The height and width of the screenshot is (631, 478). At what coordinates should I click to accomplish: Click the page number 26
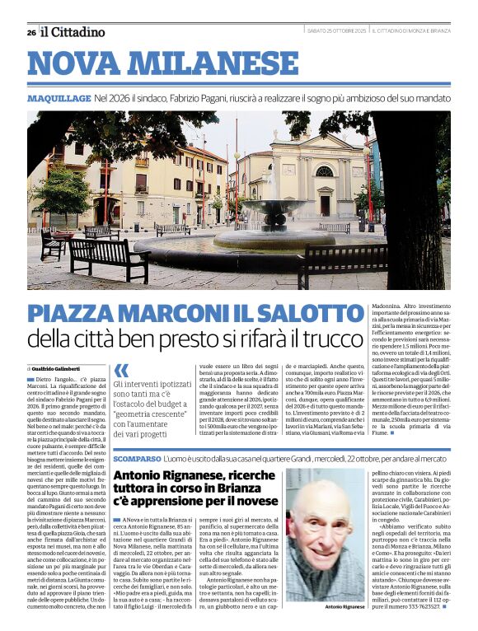(x=31, y=32)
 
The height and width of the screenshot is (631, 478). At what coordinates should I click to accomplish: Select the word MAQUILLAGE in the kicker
(x=59, y=98)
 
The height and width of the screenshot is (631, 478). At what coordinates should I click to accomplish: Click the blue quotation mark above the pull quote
(x=121, y=371)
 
